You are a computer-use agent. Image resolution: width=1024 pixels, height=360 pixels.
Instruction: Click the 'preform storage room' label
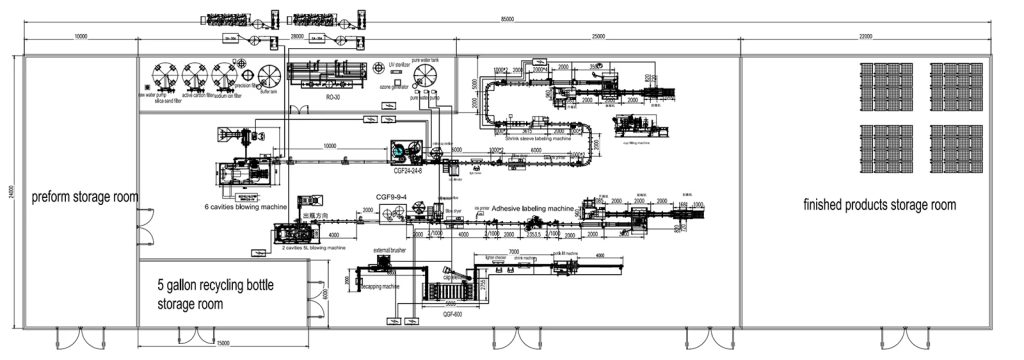click(84, 197)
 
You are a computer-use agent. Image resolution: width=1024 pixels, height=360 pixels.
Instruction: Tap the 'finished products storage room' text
click(880, 205)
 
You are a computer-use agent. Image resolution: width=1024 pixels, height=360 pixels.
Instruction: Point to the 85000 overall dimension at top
click(508, 20)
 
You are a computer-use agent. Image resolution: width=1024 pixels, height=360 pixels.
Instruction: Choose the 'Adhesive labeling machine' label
click(535, 208)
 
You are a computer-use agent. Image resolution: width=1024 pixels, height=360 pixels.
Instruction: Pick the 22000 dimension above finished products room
click(864, 36)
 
